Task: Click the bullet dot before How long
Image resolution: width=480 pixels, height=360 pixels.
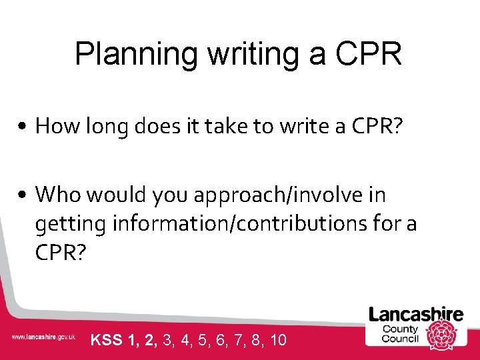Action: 23,126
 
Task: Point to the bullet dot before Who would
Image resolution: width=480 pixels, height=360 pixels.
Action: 23,195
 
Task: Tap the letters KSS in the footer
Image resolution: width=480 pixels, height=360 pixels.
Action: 105,340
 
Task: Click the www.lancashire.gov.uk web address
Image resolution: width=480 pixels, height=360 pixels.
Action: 43,337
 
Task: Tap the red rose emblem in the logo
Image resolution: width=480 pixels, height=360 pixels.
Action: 441,333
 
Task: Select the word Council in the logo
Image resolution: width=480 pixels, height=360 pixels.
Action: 400,339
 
